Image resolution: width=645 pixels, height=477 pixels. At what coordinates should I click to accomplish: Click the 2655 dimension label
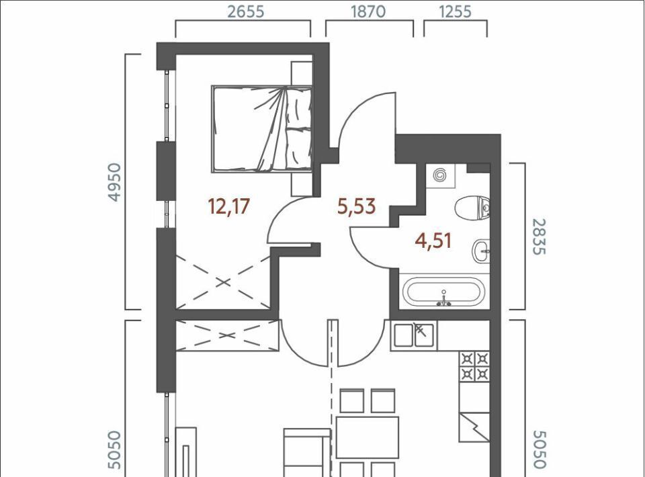pyautogui.click(x=246, y=11)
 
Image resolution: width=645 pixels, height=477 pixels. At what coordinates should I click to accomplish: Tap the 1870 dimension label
pyautogui.click(x=368, y=11)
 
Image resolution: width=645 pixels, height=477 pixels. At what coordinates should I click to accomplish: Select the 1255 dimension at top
pyautogui.click(x=455, y=11)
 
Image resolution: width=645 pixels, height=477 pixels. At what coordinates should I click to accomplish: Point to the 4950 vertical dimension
pyautogui.click(x=115, y=182)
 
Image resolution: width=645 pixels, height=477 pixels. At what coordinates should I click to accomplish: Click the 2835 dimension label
pyautogui.click(x=539, y=236)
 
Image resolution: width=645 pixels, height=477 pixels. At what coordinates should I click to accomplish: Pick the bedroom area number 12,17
pyautogui.click(x=229, y=206)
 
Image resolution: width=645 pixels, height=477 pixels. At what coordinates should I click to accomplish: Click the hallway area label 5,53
pyautogui.click(x=356, y=206)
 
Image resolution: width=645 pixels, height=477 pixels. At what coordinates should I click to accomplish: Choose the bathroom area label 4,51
pyautogui.click(x=433, y=241)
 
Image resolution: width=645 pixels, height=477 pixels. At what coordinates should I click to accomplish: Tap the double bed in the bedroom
pyautogui.click(x=262, y=129)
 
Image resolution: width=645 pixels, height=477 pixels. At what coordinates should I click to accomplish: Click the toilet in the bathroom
pyautogui.click(x=474, y=207)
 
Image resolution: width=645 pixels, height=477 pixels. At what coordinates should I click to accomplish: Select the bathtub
pyautogui.click(x=444, y=292)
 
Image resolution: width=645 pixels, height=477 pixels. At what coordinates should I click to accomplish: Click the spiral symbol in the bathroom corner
pyautogui.click(x=439, y=176)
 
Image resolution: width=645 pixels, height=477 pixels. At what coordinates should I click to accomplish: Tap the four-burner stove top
pyautogui.click(x=475, y=366)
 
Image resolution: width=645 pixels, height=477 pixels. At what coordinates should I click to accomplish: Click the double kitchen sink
pyautogui.click(x=414, y=335)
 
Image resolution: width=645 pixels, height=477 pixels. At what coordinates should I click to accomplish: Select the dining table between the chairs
pyautogui.click(x=368, y=437)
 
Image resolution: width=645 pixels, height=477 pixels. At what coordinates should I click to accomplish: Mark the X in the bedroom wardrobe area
pyautogui.click(x=223, y=282)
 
